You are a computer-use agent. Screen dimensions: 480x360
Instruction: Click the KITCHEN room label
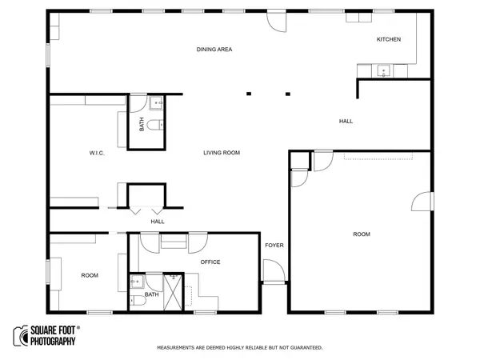389,39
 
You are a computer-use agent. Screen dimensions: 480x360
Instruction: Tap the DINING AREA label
214,50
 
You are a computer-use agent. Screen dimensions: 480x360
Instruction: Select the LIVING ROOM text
222,153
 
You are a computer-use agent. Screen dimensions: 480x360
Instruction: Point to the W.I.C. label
97,153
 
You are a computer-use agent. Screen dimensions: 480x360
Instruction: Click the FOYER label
274,246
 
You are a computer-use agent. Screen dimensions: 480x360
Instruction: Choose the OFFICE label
210,262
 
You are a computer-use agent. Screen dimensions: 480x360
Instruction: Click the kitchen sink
383,71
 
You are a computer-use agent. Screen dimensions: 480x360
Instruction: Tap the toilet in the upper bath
155,125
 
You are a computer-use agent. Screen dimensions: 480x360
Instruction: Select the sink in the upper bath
157,103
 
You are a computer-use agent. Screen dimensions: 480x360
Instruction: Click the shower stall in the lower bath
174,293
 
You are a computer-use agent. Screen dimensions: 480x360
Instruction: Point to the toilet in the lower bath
138,301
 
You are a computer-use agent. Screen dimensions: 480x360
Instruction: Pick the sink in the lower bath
137,282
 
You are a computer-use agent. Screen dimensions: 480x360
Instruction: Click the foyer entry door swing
274,270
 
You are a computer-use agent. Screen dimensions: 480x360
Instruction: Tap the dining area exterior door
277,22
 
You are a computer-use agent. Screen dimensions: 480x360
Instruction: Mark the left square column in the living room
249,94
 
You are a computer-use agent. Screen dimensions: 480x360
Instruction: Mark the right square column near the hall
288,94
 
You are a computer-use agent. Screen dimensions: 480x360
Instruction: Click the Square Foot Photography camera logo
21,336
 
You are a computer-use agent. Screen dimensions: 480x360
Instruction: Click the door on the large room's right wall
422,201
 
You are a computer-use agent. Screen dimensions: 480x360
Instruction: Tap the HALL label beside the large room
346,122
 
